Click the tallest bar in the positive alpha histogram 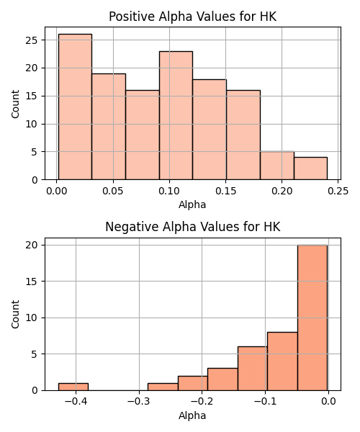[x=75, y=107]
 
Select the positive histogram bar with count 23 [x=176, y=115]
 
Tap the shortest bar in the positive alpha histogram [x=311, y=168]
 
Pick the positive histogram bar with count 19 [x=109, y=127]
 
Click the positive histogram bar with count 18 [x=210, y=130]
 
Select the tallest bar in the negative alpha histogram [x=312, y=318]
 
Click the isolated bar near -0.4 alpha [x=73, y=387]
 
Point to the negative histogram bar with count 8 [x=282, y=361]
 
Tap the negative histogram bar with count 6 [x=253, y=369]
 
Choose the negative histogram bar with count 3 [x=222, y=379]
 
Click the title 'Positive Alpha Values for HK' [x=192, y=17]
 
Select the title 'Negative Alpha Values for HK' [x=193, y=227]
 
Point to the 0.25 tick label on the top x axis [x=338, y=191]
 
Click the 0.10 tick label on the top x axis [x=169, y=191]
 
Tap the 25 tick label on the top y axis [x=31, y=40]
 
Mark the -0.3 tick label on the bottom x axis [x=139, y=401]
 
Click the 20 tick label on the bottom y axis [x=31, y=245]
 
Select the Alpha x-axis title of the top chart [x=192, y=204]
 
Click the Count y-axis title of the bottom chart [x=15, y=314]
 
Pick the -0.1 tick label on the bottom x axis [x=265, y=401]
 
